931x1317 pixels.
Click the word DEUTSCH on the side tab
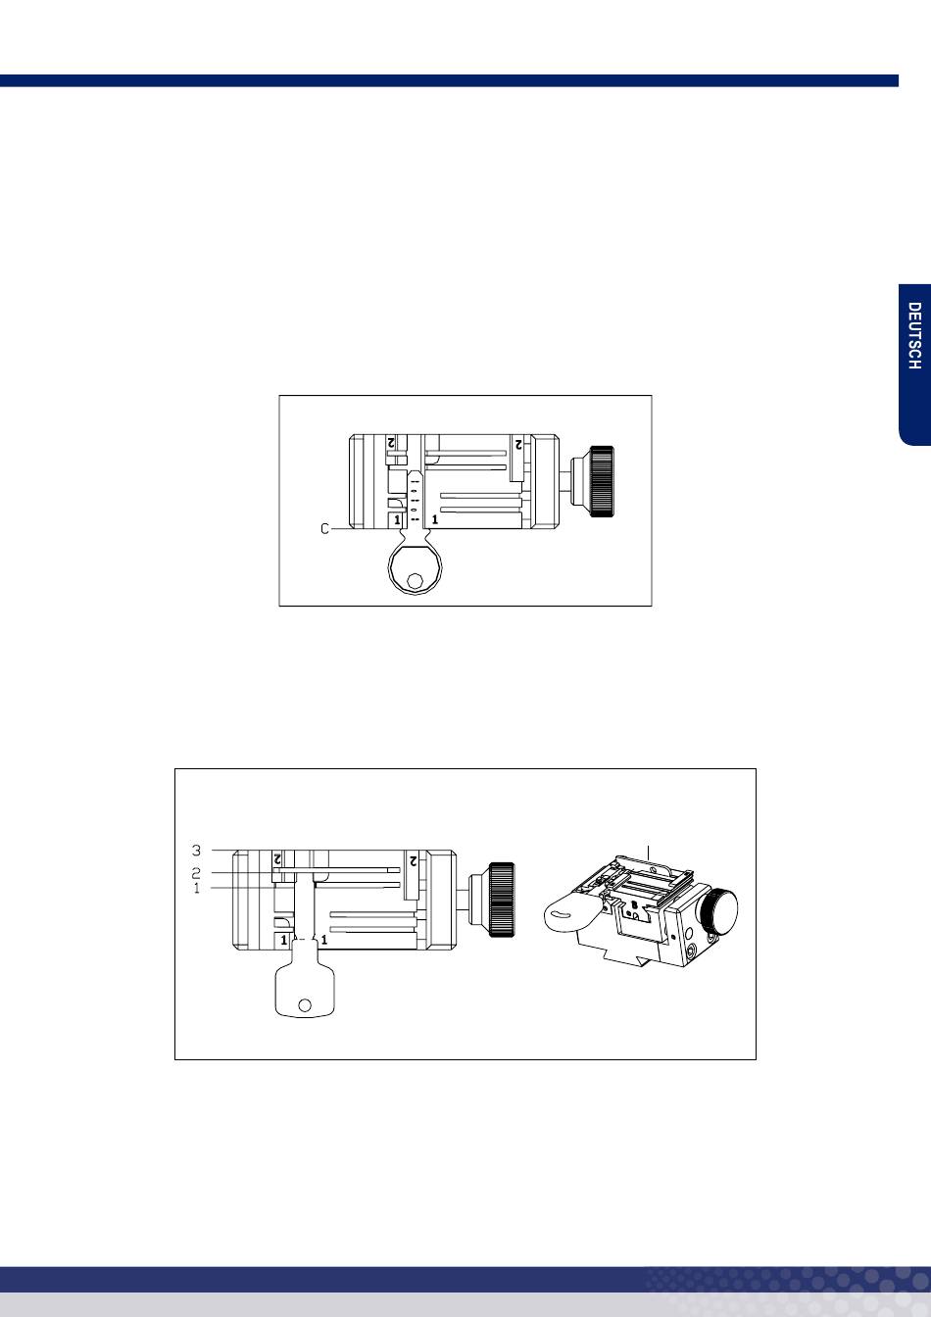[x=914, y=336]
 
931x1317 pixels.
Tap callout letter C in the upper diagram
[x=325, y=529]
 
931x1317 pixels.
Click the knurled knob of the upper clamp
[x=602, y=481]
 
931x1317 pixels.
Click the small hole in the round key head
[x=416, y=581]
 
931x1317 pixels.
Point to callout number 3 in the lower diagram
[x=196, y=851]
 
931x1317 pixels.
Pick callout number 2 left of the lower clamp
[x=196, y=872]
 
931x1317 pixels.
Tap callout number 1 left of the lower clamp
[x=196, y=888]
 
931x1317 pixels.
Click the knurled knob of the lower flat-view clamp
[x=502, y=900]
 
